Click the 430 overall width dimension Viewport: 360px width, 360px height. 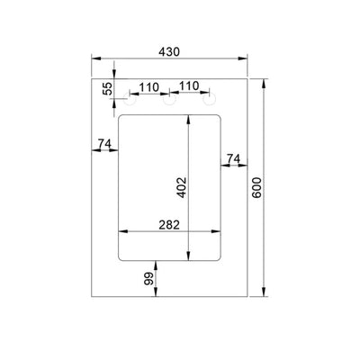169,52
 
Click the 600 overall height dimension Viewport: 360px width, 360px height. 256,188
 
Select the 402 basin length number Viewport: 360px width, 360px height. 182,188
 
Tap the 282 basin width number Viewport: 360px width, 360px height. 169,225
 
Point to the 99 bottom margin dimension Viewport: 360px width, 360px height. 148,279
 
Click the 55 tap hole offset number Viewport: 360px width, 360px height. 107,88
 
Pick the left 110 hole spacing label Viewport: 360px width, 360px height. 148,87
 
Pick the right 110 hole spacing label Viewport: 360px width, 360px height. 189,86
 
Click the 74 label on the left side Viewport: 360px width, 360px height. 104,143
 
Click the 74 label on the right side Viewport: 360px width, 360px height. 233,158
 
